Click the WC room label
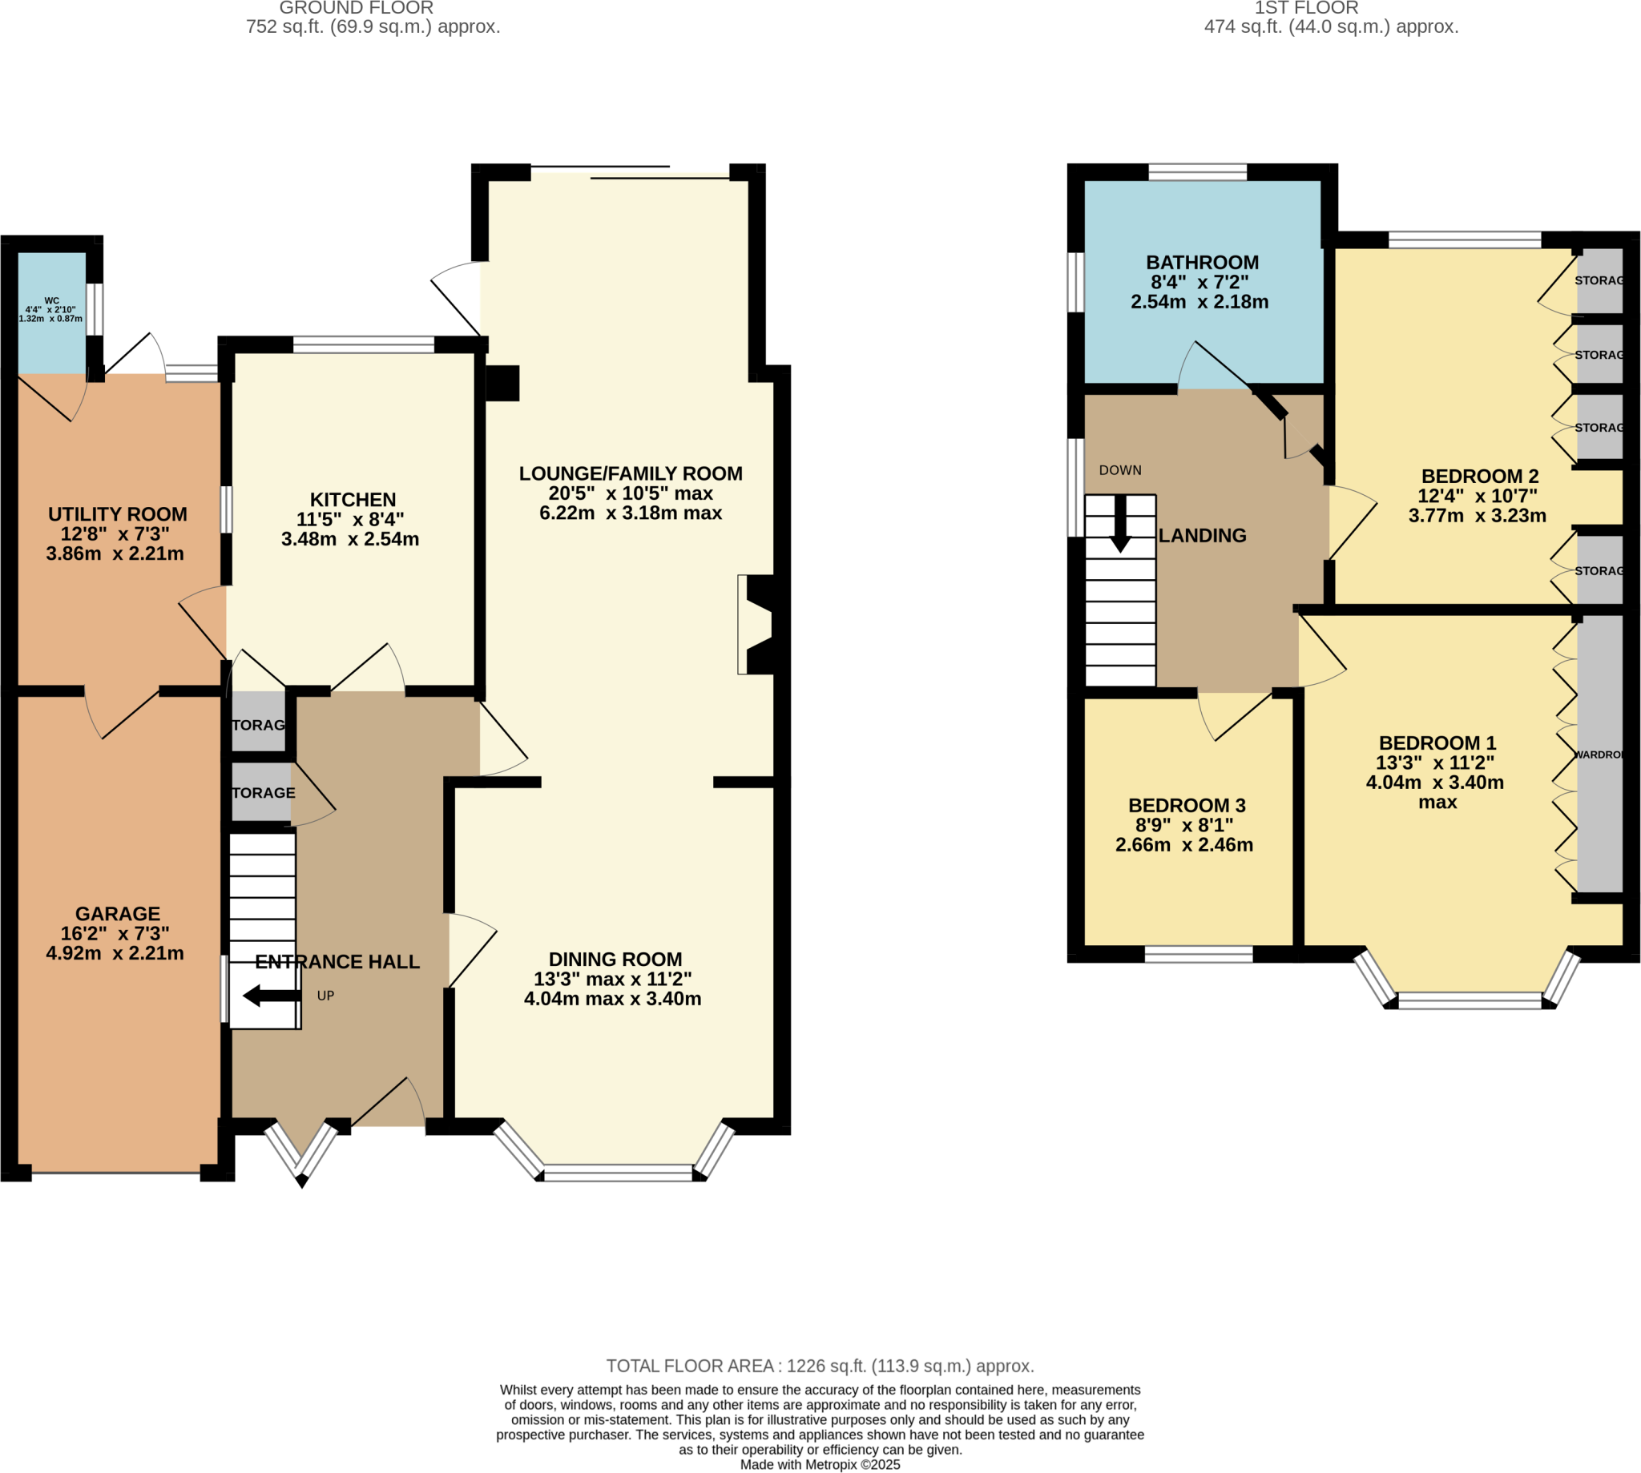point(51,300)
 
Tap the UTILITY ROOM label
point(118,514)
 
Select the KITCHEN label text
point(353,499)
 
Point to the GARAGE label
point(118,913)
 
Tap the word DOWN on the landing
point(1119,470)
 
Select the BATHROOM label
point(1201,262)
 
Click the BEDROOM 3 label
point(1186,805)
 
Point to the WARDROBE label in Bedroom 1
point(1598,755)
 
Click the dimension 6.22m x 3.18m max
point(630,513)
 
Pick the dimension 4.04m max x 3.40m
point(612,999)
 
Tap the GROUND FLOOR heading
point(357,8)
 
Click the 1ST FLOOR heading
point(1306,8)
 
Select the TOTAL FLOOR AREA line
point(819,1366)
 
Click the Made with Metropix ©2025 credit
point(819,1465)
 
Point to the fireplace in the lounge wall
point(757,624)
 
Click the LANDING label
point(1201,536)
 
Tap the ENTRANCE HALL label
point(337,961)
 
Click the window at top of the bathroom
point(1196,171)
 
